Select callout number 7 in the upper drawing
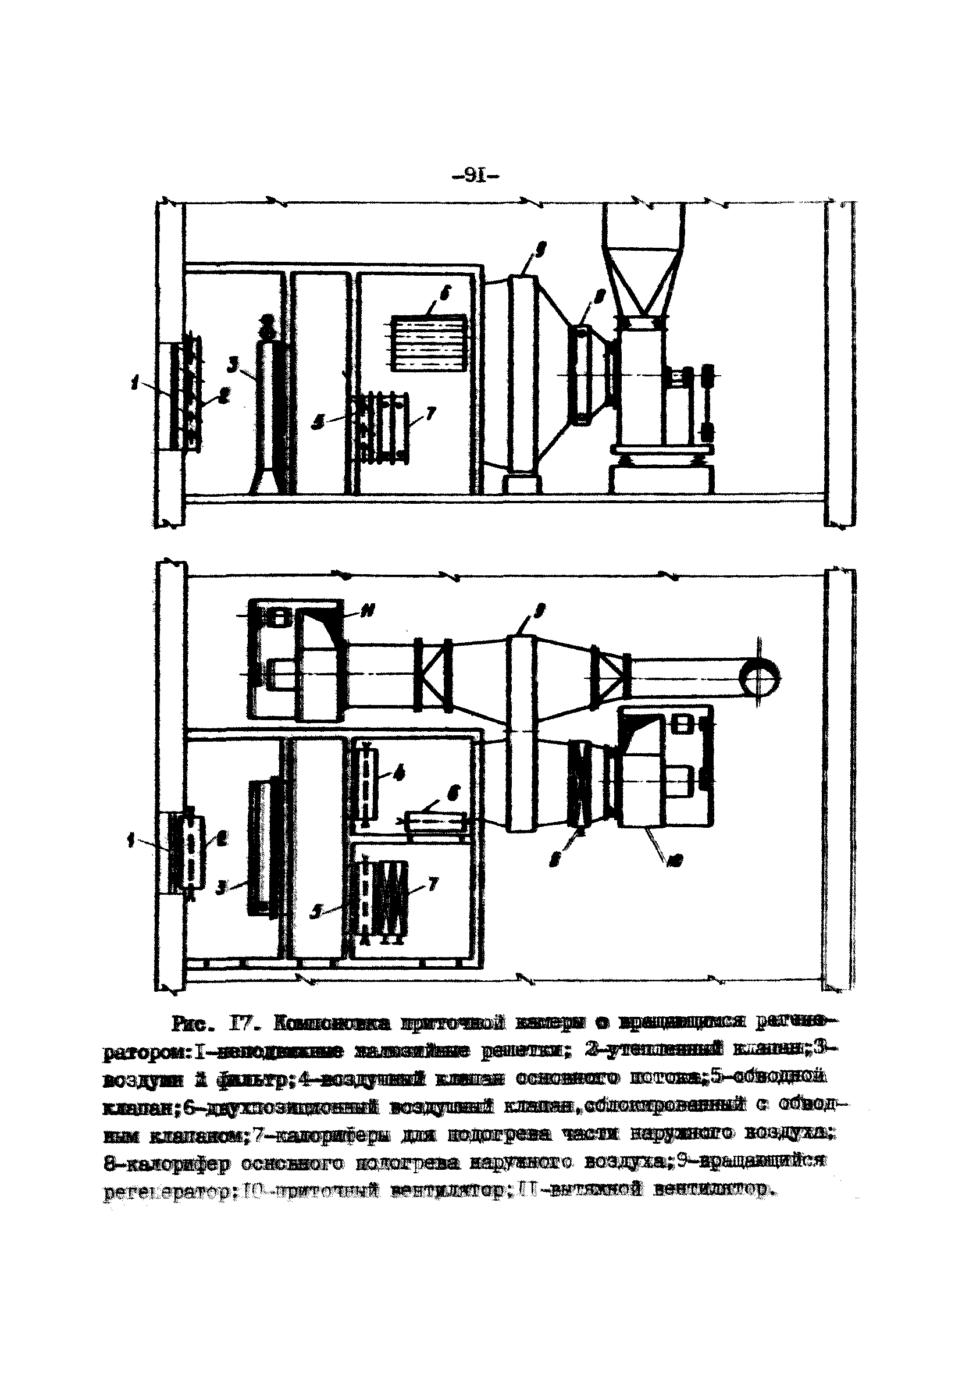(x=431, y=412)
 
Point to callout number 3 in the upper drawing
(x=234, y=362)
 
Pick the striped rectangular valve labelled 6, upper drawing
(x=428, y=343)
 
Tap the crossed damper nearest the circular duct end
(x=610, y=673)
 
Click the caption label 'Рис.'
(x=193, y=1024)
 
